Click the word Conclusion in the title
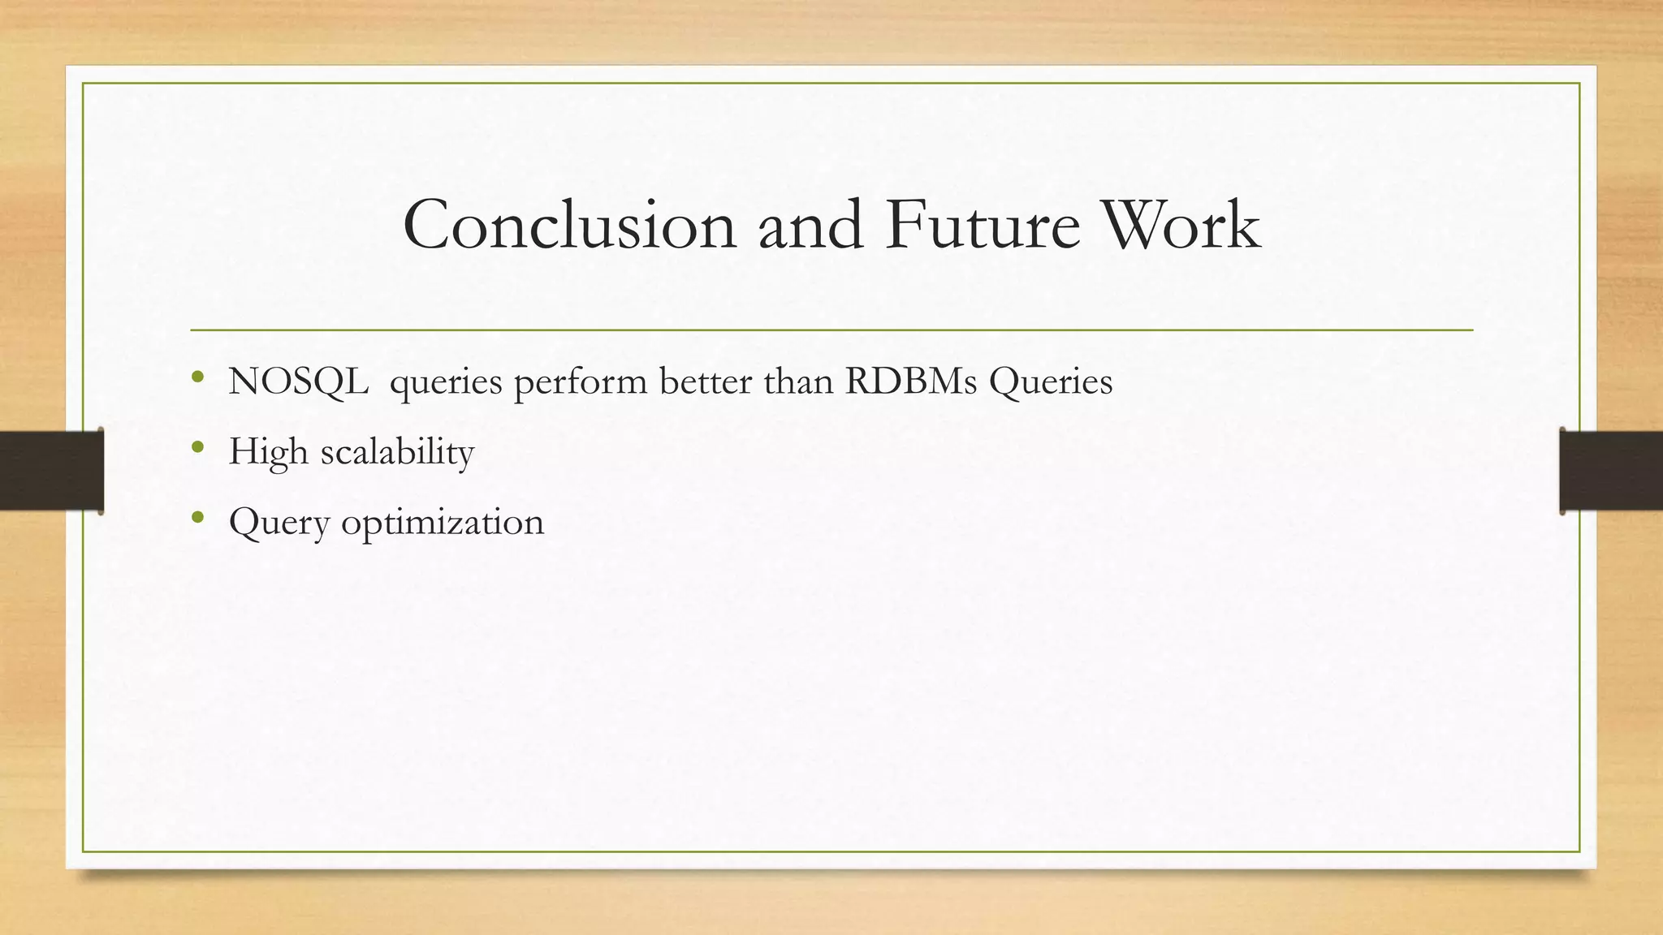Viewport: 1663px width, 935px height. (569, 225)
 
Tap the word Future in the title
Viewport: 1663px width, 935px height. (983, 225)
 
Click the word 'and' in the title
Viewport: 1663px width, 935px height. (810, 225)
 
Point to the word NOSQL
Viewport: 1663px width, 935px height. (298, 381)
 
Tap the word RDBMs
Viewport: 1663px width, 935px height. (910, 381)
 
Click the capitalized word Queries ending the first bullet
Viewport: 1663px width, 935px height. (1051, 381)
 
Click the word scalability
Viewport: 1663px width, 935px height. (397, 452)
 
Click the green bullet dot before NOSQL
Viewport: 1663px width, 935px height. (197, 377)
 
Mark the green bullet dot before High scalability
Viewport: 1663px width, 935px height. (197, 447)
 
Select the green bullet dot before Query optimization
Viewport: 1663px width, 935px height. (197, 517)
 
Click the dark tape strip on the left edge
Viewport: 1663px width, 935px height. (51, 471)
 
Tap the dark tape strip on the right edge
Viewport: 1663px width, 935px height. (1611, 471)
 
